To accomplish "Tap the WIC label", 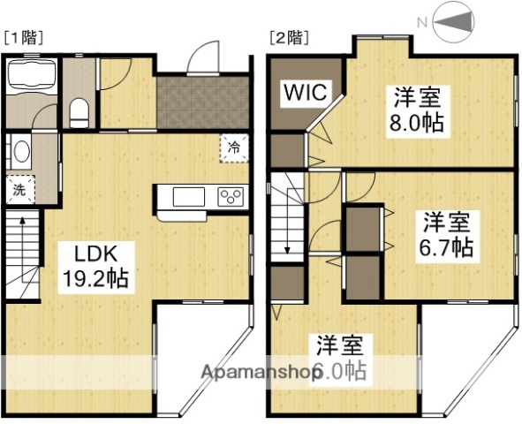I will [305, 93].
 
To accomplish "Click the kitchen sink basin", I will [189, 196].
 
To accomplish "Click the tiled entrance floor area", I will [200, 104].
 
